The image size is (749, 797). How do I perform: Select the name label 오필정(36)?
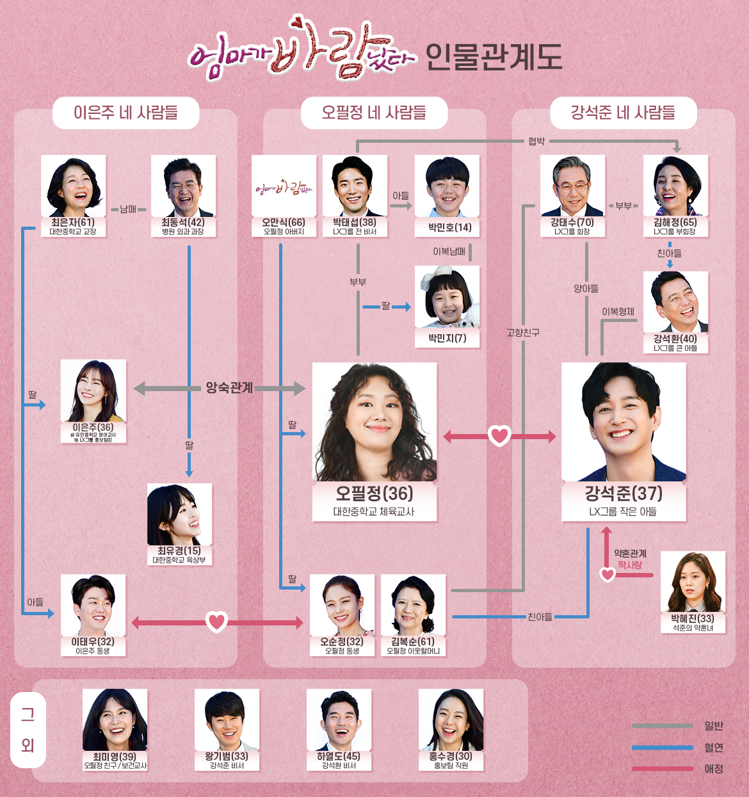pos(374,494)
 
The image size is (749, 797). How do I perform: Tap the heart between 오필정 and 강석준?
pos(499,437)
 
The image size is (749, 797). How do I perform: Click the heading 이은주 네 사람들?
pos(125,113)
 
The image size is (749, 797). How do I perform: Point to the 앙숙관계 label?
pos(229,388)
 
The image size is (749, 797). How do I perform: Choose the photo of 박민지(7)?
pos(447,298)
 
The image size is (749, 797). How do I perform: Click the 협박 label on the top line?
pos(536,141)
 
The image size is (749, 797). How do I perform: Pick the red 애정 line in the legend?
pos(662,769)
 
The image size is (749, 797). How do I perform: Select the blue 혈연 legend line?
pos(662,747)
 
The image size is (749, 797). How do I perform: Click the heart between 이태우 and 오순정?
pos(217,622)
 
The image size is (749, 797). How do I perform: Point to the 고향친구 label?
pos(523,333)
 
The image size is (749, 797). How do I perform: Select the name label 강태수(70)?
pos(572,222)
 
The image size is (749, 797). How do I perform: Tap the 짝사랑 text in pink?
pos(630,565)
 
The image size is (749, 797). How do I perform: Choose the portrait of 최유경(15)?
pos(179,515)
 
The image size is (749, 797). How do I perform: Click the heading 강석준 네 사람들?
pos(623,113)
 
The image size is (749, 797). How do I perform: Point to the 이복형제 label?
pos(618,312)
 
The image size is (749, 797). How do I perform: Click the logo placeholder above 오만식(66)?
pos(284,187)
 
